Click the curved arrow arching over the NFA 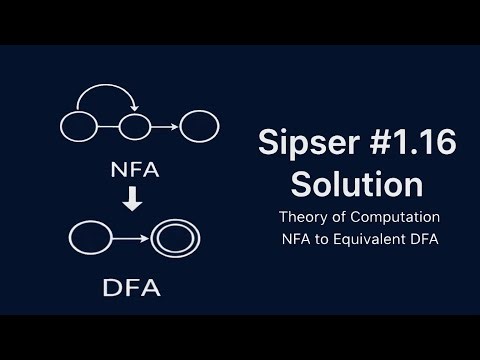click(106, 92)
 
